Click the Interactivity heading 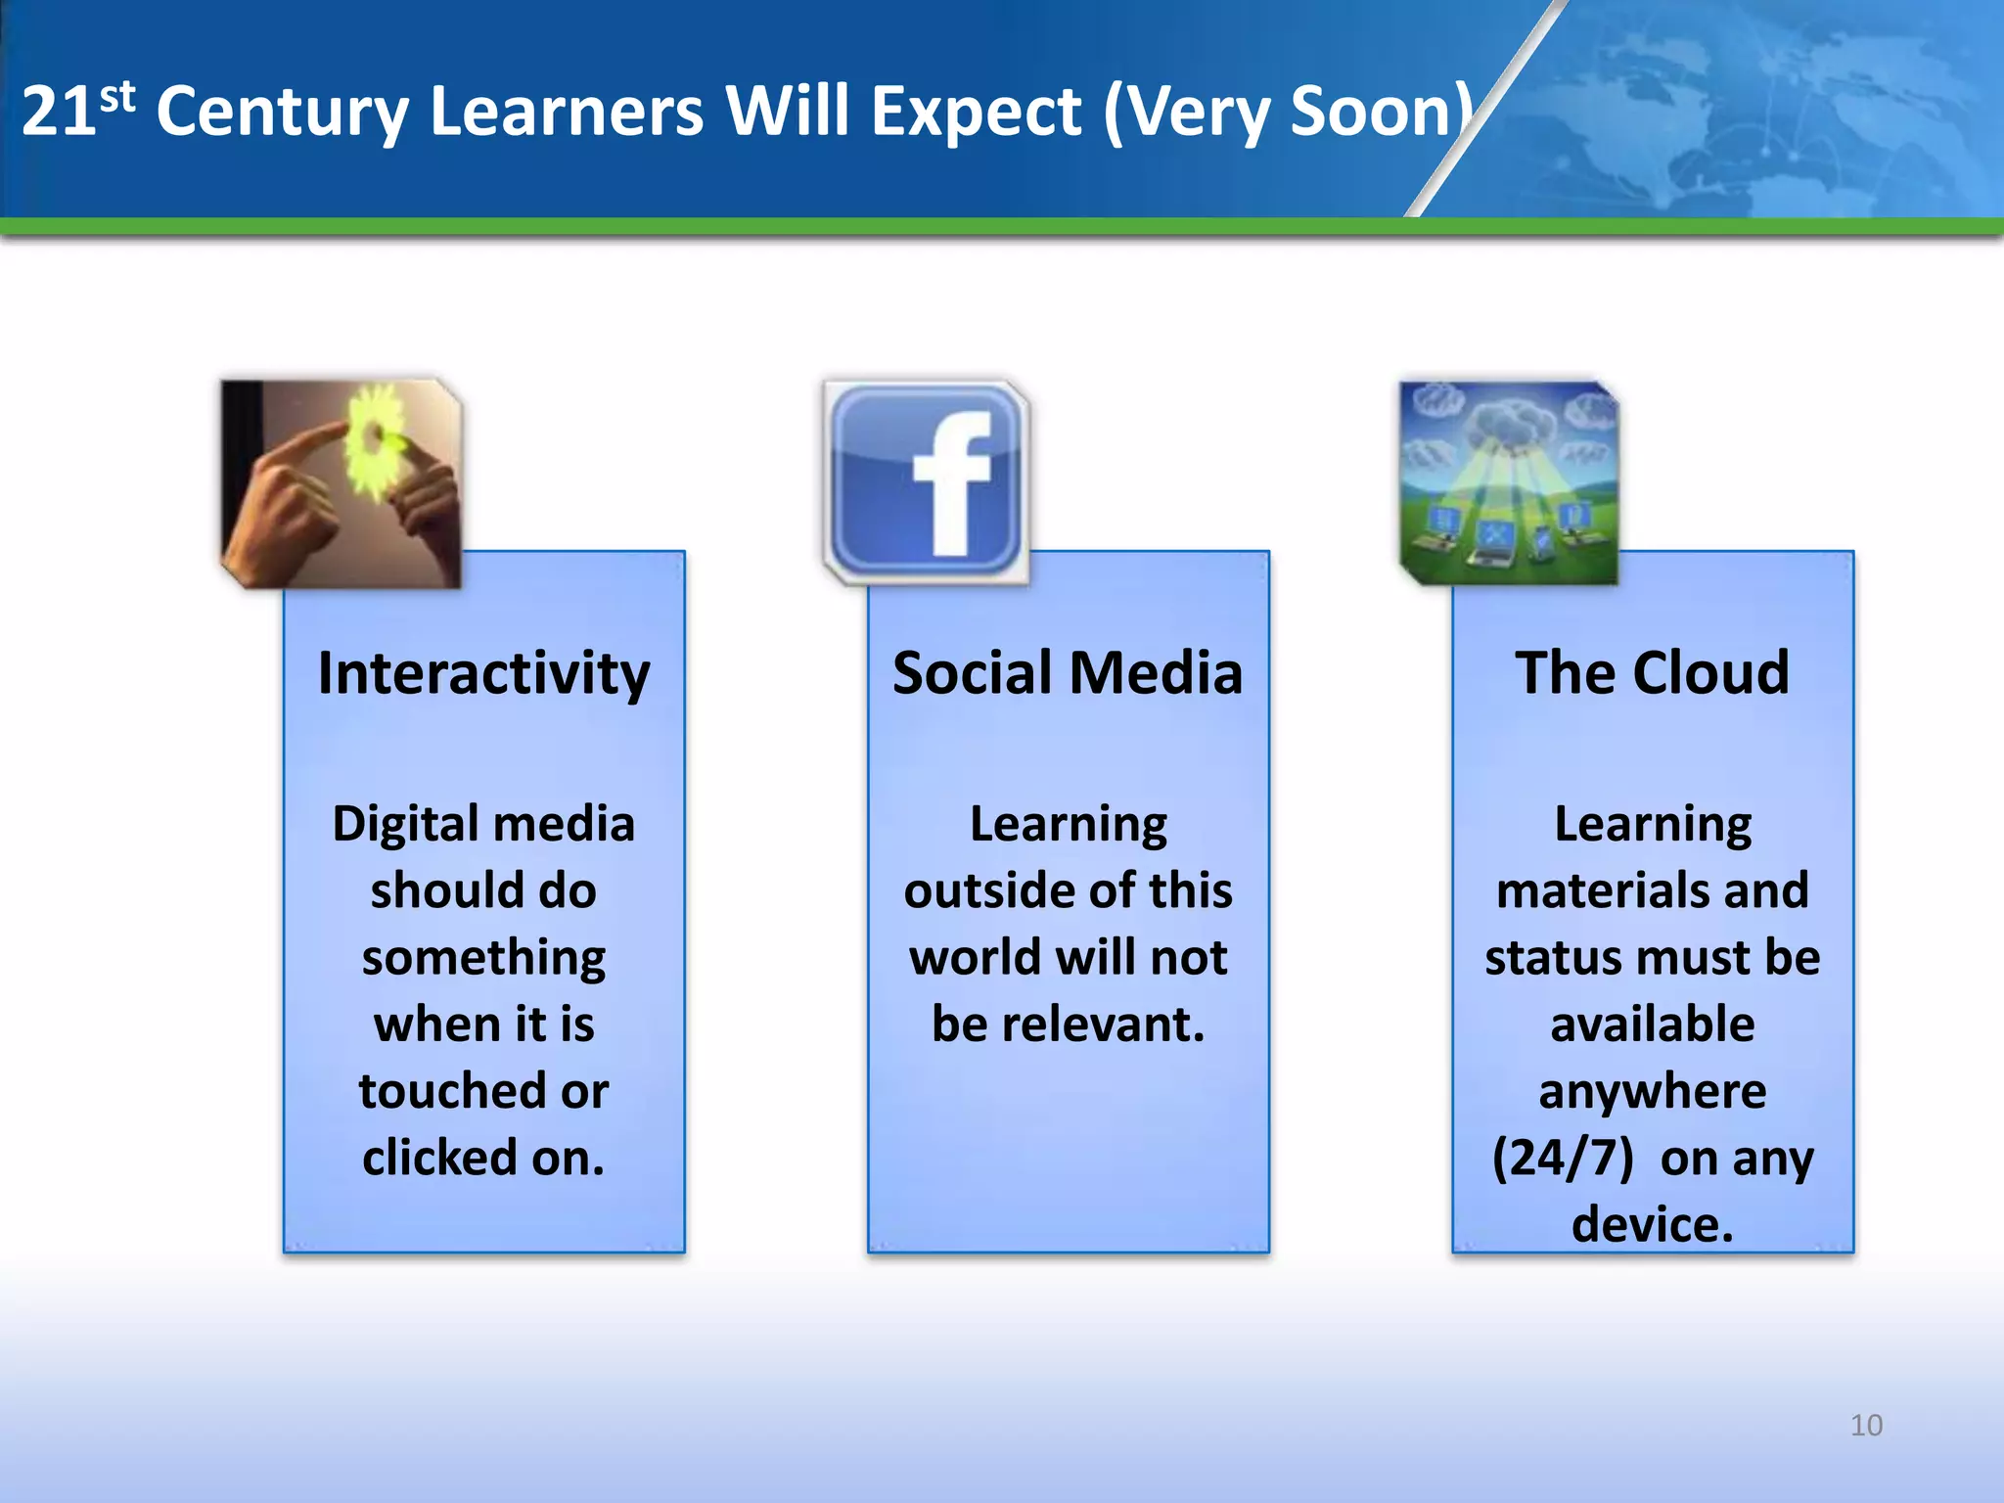[x=483, y=674]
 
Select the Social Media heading [x=1067, y=674]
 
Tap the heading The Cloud [x=1652, y=674]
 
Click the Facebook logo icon [x=926, y=480]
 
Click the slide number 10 [x=1866, y=1425]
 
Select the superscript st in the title [x=117, y=96]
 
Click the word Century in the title [x=282, y=113]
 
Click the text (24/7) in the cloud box [x=1563, y=1159]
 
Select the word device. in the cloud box [x=1652, y=1225]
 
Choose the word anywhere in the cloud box [x=1652, y=1091]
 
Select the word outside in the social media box [x=988, y=891]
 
